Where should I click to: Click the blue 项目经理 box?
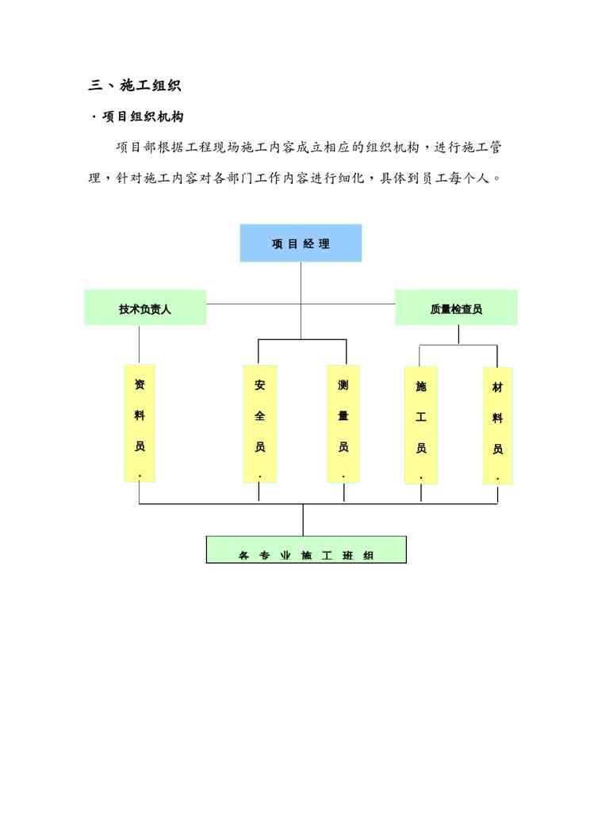(x=301, y=243)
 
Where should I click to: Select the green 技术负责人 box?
(x=145, y=308)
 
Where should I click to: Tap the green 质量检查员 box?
(x=456, y=308)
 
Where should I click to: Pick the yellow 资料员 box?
(x=140, y=423)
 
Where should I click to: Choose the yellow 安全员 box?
(x=259, y=423)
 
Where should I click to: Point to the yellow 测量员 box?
(x=343, y=423)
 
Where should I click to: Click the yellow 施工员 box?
(x=421, y=424)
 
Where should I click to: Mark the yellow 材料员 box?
(x=497, y=425)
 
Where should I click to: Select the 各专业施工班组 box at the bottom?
(x=306, y=549)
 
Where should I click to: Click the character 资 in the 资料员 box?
(x=140, y=385)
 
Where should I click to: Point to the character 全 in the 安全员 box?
(x=259, y=416)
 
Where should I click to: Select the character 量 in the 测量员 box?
(x=343, y=415)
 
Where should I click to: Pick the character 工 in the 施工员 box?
(x=421, y=418)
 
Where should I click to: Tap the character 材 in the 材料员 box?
(x=497, y=388)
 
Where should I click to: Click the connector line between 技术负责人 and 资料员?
(x=140, y=344)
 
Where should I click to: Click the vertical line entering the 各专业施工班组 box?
(x=303, y=520)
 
